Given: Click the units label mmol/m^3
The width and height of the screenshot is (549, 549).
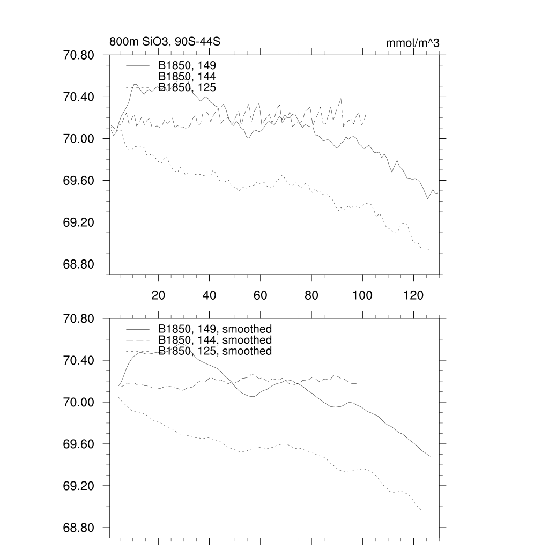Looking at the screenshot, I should click(x=412, y=43).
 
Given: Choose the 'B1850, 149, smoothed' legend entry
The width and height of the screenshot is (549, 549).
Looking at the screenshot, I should click(x=215, y=329).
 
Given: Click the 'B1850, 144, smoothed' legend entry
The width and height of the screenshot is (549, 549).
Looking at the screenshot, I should click(x=215, y=340).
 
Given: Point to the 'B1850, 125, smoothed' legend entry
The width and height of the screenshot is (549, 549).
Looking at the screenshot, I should click(x=215, y=351).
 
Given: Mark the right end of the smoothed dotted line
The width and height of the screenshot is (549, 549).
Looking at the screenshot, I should click(x=421, y=510).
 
